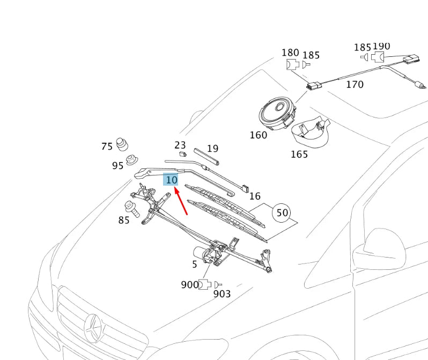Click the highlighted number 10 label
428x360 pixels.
coord(171,180)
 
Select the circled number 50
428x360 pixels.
coord(282,213)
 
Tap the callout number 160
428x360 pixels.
coord(258,135)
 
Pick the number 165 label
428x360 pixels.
coord(299,155)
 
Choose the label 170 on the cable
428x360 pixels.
coord(355,84)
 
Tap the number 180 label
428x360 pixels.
coord(290,53)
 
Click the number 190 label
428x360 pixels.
coord(381,47)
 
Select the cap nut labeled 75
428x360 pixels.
coord(124,144)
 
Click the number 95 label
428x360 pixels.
coord(118,166)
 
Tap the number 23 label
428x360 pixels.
coord(180,145)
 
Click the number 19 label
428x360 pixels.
coord(212,149)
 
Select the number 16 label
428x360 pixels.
coord(255,196)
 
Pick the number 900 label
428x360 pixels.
coord(190,285)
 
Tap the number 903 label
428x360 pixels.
coord(222,293)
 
